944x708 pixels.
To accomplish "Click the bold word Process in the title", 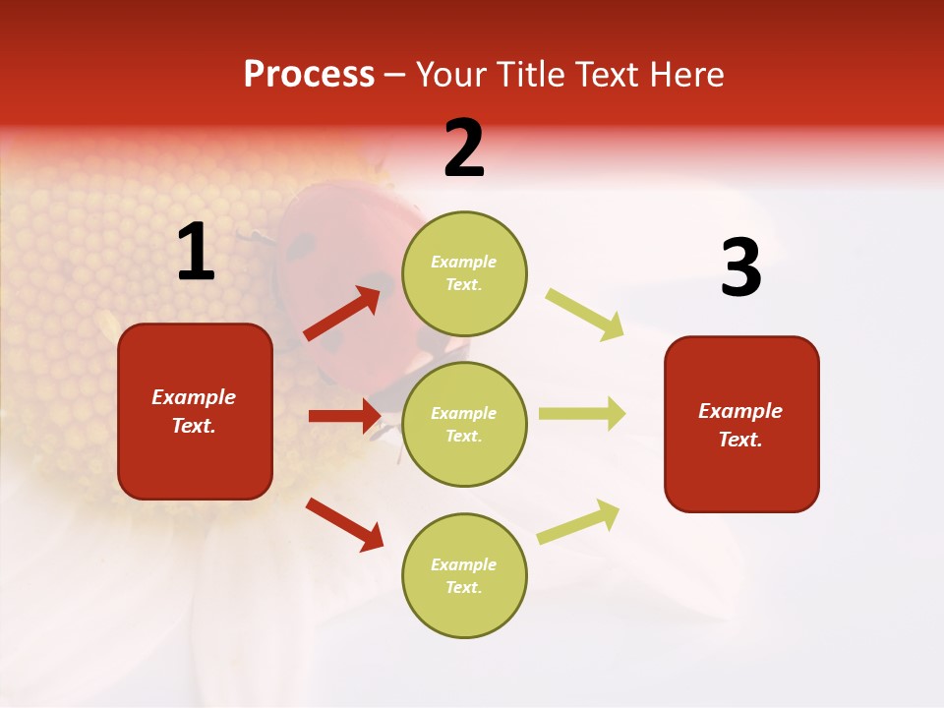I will [309, 75].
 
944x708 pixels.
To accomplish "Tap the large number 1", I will [196, 252].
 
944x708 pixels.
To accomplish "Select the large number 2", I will [464, 148].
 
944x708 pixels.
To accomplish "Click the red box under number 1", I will [195, 411].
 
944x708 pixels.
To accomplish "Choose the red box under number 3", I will [741, 425].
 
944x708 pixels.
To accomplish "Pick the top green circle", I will [464, 273].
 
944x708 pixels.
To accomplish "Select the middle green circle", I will [464, 424].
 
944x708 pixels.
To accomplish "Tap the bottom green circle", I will [464, 575].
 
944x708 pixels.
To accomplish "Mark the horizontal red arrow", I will [344, 416].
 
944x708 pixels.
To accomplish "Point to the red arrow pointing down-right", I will [345, 523].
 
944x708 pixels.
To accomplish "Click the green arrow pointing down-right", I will [585, 314].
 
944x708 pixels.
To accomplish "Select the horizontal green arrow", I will [581, 414].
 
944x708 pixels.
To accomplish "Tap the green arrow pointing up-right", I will [579, 521].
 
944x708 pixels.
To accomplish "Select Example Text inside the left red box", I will [195, 411].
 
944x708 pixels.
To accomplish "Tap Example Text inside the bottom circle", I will [464, 575].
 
